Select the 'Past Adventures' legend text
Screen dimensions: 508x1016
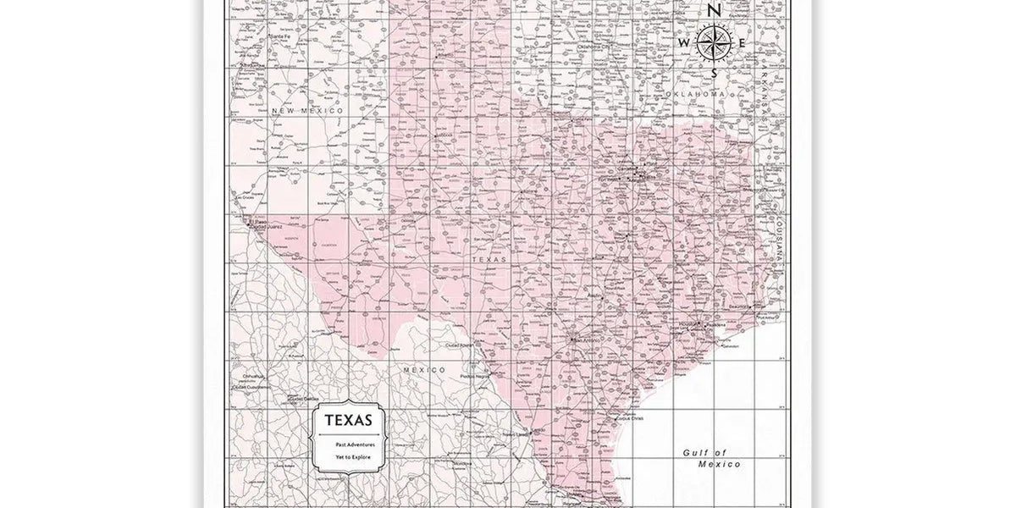[x=349, y=444]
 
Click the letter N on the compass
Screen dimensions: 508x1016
[x=715, y=11]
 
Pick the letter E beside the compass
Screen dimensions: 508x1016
[x=742, y=43]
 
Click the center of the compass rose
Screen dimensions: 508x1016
[x=714, y=43]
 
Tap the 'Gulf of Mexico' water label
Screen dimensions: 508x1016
[x=711, y=458]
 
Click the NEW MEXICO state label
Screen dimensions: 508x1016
[x=307, y=111]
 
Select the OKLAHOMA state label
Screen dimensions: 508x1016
[x=696, y=93]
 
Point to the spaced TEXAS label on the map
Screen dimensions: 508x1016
[x=489, y=260]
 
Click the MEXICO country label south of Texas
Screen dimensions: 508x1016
[x=425, y=370]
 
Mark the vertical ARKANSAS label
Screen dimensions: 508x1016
[x=768, y=94]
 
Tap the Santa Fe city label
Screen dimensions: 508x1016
[x=280, y=37]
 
